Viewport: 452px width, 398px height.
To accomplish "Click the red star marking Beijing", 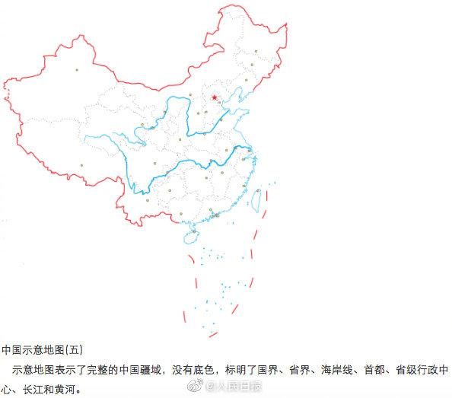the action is click(x=215, y=97).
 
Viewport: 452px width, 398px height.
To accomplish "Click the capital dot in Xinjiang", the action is click(x=77, y=71).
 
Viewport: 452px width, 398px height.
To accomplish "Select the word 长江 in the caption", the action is click(x=32, y=387).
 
